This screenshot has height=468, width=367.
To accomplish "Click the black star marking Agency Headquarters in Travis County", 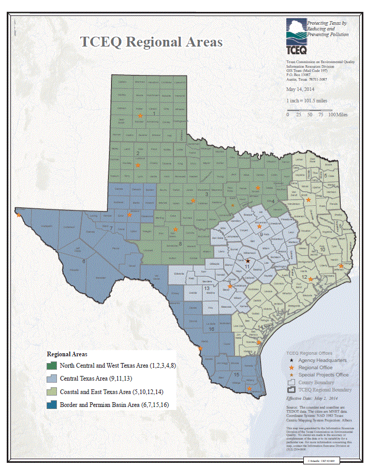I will click(x=248, y=261).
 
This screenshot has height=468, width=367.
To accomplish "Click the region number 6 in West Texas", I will click(x=84, y=261).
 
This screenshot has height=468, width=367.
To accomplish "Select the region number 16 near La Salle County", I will click(x=211, y=329).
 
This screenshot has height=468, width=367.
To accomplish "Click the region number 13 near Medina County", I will click(x=207, y=288).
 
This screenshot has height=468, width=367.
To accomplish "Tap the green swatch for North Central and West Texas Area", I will click(x=52, y=365).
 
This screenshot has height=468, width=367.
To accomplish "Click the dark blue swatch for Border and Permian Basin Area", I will click(x=52, y=404).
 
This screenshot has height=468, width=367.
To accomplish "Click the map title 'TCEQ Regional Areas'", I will click(x=151, y=42).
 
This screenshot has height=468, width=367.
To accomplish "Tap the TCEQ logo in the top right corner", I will click(x=297, y=37).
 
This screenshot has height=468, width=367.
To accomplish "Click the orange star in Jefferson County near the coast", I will click(x=341, y=267).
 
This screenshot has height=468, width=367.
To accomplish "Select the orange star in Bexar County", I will click(x=230, y=285).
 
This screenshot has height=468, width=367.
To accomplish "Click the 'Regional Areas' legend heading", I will click(x=67, y=355).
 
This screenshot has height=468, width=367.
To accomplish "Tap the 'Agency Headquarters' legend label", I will click(x=322, y=360).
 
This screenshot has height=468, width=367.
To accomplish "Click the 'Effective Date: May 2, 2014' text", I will click(x=313, y=399).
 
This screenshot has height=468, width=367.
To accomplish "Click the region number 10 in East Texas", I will click(x=322, y=250).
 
